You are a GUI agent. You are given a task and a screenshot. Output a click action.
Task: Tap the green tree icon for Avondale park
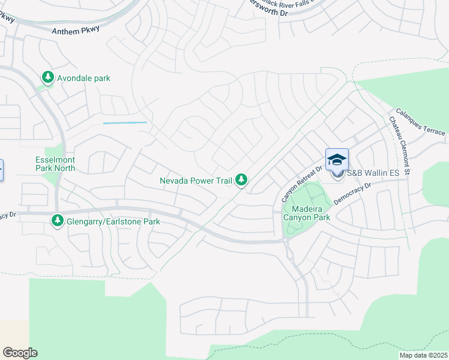tap(47, 77)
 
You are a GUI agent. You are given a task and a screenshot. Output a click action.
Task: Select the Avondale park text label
tap(83, 78)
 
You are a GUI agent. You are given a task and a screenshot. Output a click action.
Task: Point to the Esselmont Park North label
tap(55, 164)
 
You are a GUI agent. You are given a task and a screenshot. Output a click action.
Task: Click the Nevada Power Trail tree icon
tap(241, 179)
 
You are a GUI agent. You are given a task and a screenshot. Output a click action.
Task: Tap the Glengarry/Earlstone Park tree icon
tap(58, 221)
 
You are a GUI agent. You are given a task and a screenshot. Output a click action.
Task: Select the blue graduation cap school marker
tap(337, 160)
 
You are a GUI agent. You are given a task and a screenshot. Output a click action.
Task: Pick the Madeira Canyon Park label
tap(307, 212)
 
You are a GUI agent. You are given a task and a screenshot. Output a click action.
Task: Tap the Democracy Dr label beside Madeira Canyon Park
tap(353, 193)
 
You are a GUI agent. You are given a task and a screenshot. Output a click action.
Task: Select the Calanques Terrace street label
tap(420, 122)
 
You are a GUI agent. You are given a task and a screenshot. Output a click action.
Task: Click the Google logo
tap(20, 353)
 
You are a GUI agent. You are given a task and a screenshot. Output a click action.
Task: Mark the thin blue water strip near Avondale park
tap(125, 123)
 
